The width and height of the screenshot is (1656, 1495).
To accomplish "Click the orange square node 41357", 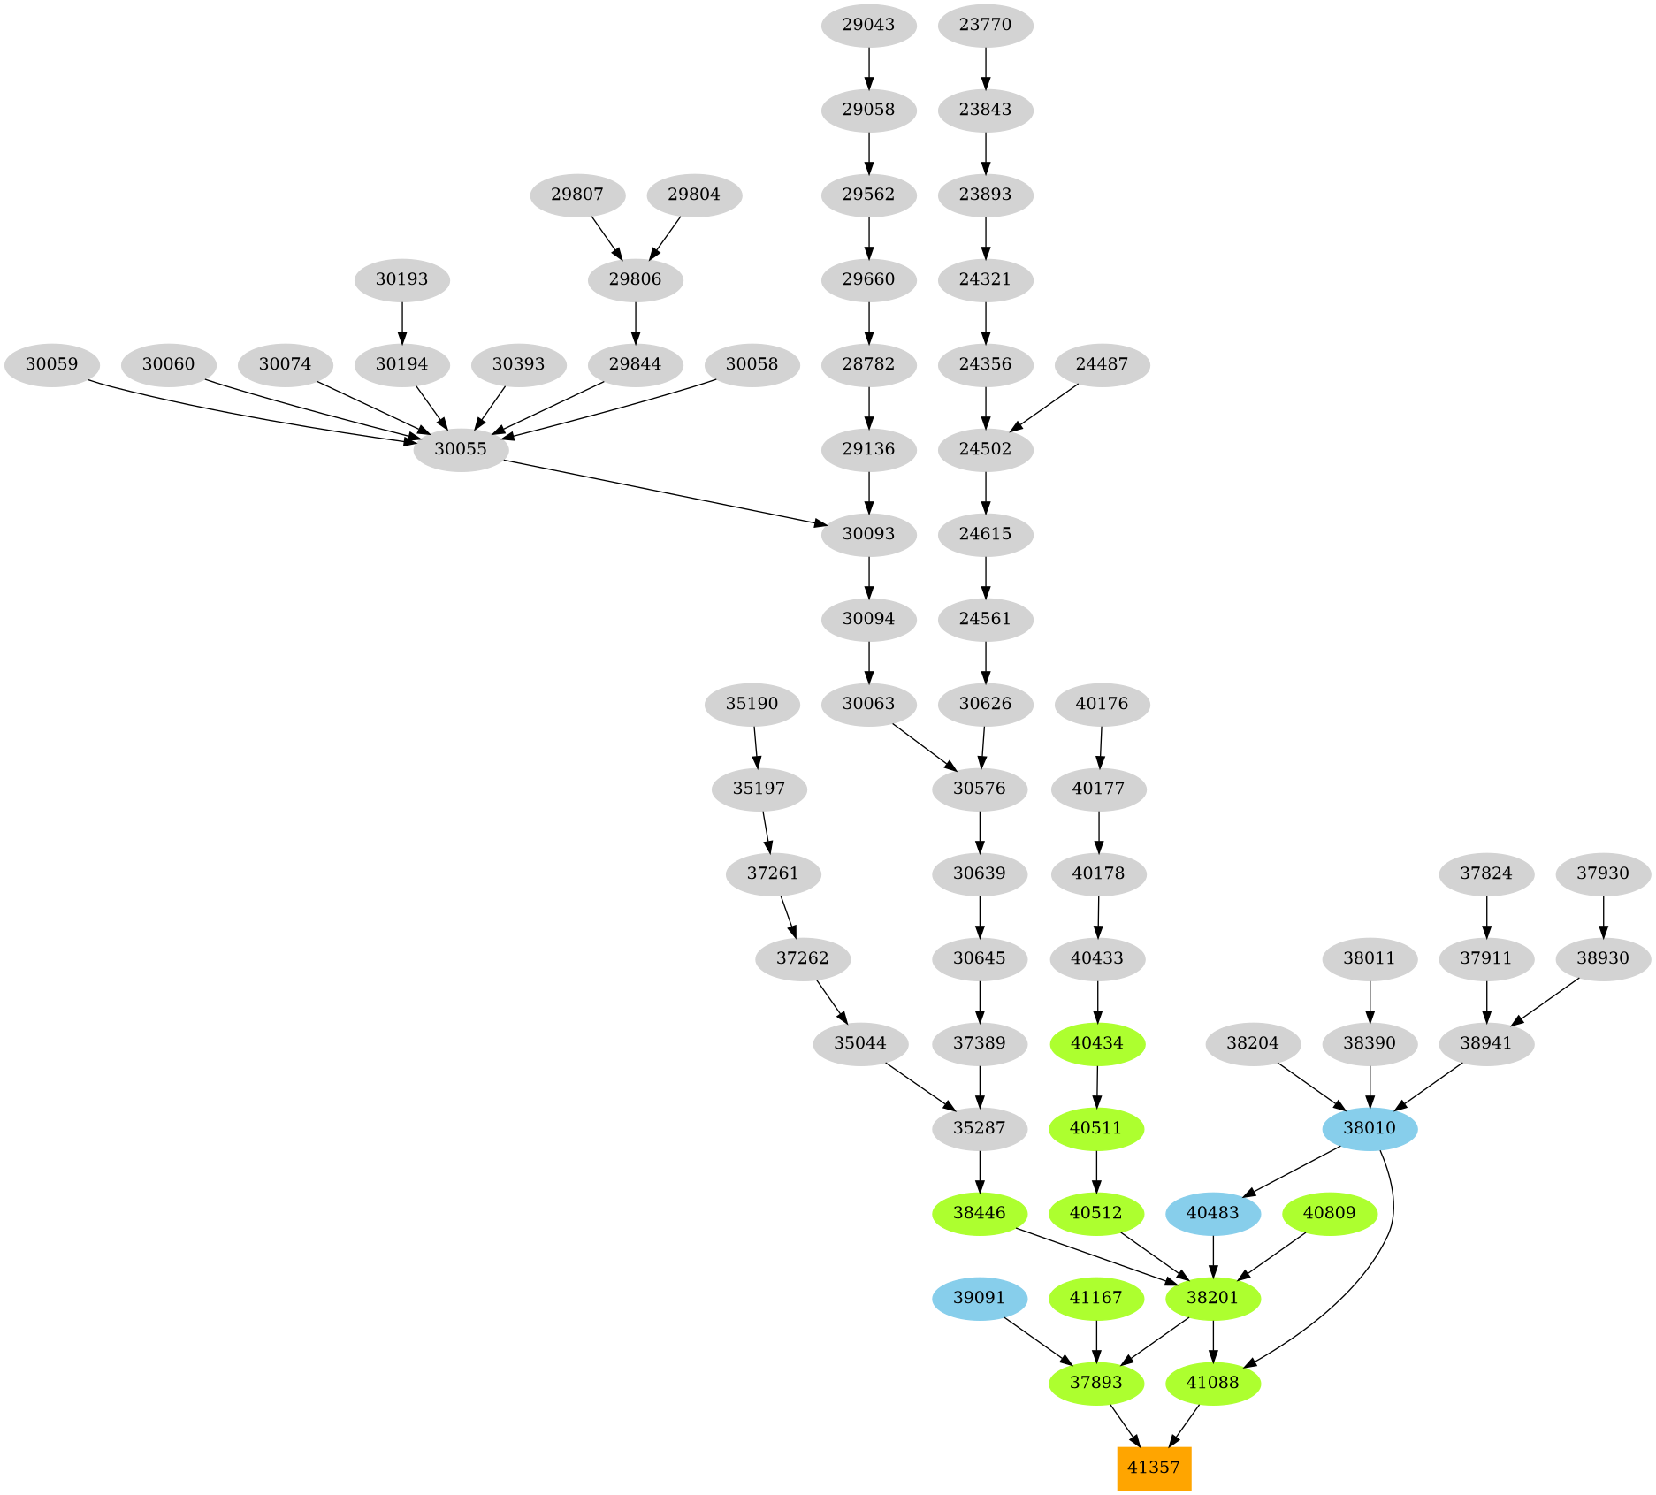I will [x=1154, y=1468].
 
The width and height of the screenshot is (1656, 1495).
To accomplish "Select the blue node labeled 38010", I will [x=1370, y=1128].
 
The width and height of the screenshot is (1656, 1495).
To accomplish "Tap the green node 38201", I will [x=1213, y=1298].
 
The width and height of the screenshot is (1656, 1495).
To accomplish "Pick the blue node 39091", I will [x=980, y=1298].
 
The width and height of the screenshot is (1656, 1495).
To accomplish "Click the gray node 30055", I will [x=461, y=449].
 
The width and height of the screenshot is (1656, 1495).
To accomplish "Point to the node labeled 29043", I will [x=869, y=25].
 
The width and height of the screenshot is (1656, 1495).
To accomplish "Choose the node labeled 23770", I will [x=986, y=25].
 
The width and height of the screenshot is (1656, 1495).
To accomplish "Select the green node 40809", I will [x=1330, y=1213].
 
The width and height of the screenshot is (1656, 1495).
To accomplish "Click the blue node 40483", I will [x=1213, y=1213].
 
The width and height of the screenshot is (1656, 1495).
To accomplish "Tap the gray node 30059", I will [x=52, y=364].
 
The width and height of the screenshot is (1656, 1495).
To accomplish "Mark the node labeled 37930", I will [x=1603, y=873].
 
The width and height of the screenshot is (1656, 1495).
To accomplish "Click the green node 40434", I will [x=1097, y=1043].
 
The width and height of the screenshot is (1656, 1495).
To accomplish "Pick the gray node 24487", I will [x=1103, y=364].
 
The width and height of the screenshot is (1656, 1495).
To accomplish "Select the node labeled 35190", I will [x=752, y=704].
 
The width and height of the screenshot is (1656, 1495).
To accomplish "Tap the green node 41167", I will [x=1096, y=1298].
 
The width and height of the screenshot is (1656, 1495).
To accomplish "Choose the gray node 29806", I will [x=636, y=279].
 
